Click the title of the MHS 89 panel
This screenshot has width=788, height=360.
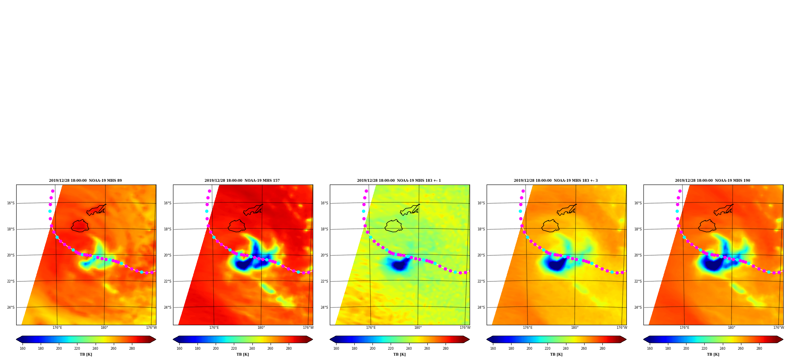[85, 181]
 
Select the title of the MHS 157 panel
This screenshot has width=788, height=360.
[242, 181]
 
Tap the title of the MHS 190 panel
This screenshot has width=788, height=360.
[713, 181]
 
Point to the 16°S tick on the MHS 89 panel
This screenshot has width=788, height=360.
[11, 203]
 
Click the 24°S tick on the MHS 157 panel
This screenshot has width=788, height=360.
[167, 307]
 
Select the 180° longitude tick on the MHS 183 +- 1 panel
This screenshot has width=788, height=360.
[418, 328]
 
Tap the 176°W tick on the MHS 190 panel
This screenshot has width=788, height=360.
[779, 328]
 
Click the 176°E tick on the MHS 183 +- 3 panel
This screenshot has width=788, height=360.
[528, 328]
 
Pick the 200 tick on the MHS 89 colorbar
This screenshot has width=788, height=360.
[59, 349]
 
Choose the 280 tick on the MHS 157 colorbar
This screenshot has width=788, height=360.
[289, 349]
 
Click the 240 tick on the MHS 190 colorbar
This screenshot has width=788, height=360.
[722, 349]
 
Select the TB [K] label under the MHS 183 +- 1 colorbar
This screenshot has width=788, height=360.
[399, 354]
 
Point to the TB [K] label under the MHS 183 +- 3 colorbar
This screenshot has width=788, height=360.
[556, 354]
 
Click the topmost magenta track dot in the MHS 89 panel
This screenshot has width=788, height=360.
[53, 191]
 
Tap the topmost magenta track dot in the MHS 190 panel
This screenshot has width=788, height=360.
[680, 191]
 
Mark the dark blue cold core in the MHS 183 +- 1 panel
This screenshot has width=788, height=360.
[399, 265]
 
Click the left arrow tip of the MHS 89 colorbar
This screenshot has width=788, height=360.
[16, 339]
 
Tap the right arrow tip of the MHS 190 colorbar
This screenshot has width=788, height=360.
[783, 339]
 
